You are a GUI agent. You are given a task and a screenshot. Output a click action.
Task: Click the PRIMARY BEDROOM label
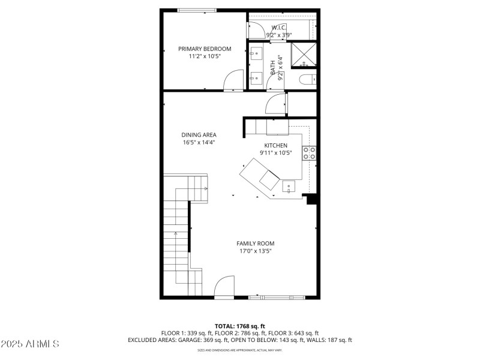point(205,49)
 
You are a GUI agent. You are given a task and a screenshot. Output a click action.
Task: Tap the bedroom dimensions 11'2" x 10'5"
point(205,56)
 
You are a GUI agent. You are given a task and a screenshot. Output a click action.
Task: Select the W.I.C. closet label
point(279,28)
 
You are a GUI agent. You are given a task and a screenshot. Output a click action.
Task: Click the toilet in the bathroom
point(306,79)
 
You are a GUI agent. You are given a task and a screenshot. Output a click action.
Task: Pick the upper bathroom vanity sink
point(256,52)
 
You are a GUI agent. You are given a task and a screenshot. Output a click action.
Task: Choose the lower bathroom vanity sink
point(256,76)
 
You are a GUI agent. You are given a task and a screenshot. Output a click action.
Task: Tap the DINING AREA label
point(199,135)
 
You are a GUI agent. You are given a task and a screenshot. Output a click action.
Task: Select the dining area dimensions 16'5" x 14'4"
point(199,143)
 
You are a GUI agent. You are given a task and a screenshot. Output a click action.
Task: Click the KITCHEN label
point(276,145)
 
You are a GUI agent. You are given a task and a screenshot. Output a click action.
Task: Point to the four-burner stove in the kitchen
point(310,153)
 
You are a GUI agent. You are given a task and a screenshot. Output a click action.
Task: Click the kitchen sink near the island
point(289,187)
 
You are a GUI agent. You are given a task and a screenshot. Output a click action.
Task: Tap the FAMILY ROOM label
point(255,243)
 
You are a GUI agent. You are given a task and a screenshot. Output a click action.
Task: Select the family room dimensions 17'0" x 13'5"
point(255,251)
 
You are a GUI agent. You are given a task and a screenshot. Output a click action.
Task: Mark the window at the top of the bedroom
point(197,10)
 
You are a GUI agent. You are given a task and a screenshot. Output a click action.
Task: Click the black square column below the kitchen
point(311,199)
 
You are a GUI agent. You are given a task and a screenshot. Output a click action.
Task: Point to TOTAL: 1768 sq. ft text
point(239,326)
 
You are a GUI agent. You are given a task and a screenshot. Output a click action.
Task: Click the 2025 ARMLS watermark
point(30,344)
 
